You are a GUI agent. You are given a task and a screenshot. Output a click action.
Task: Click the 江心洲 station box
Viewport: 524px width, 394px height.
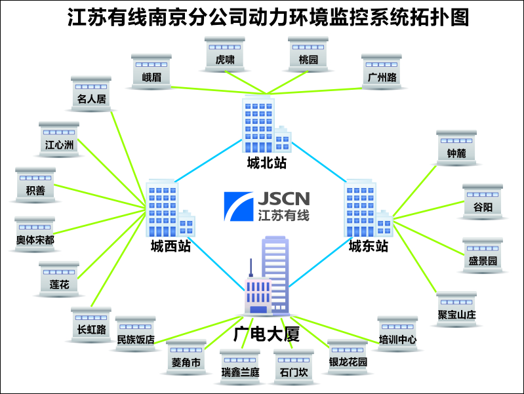59,138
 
